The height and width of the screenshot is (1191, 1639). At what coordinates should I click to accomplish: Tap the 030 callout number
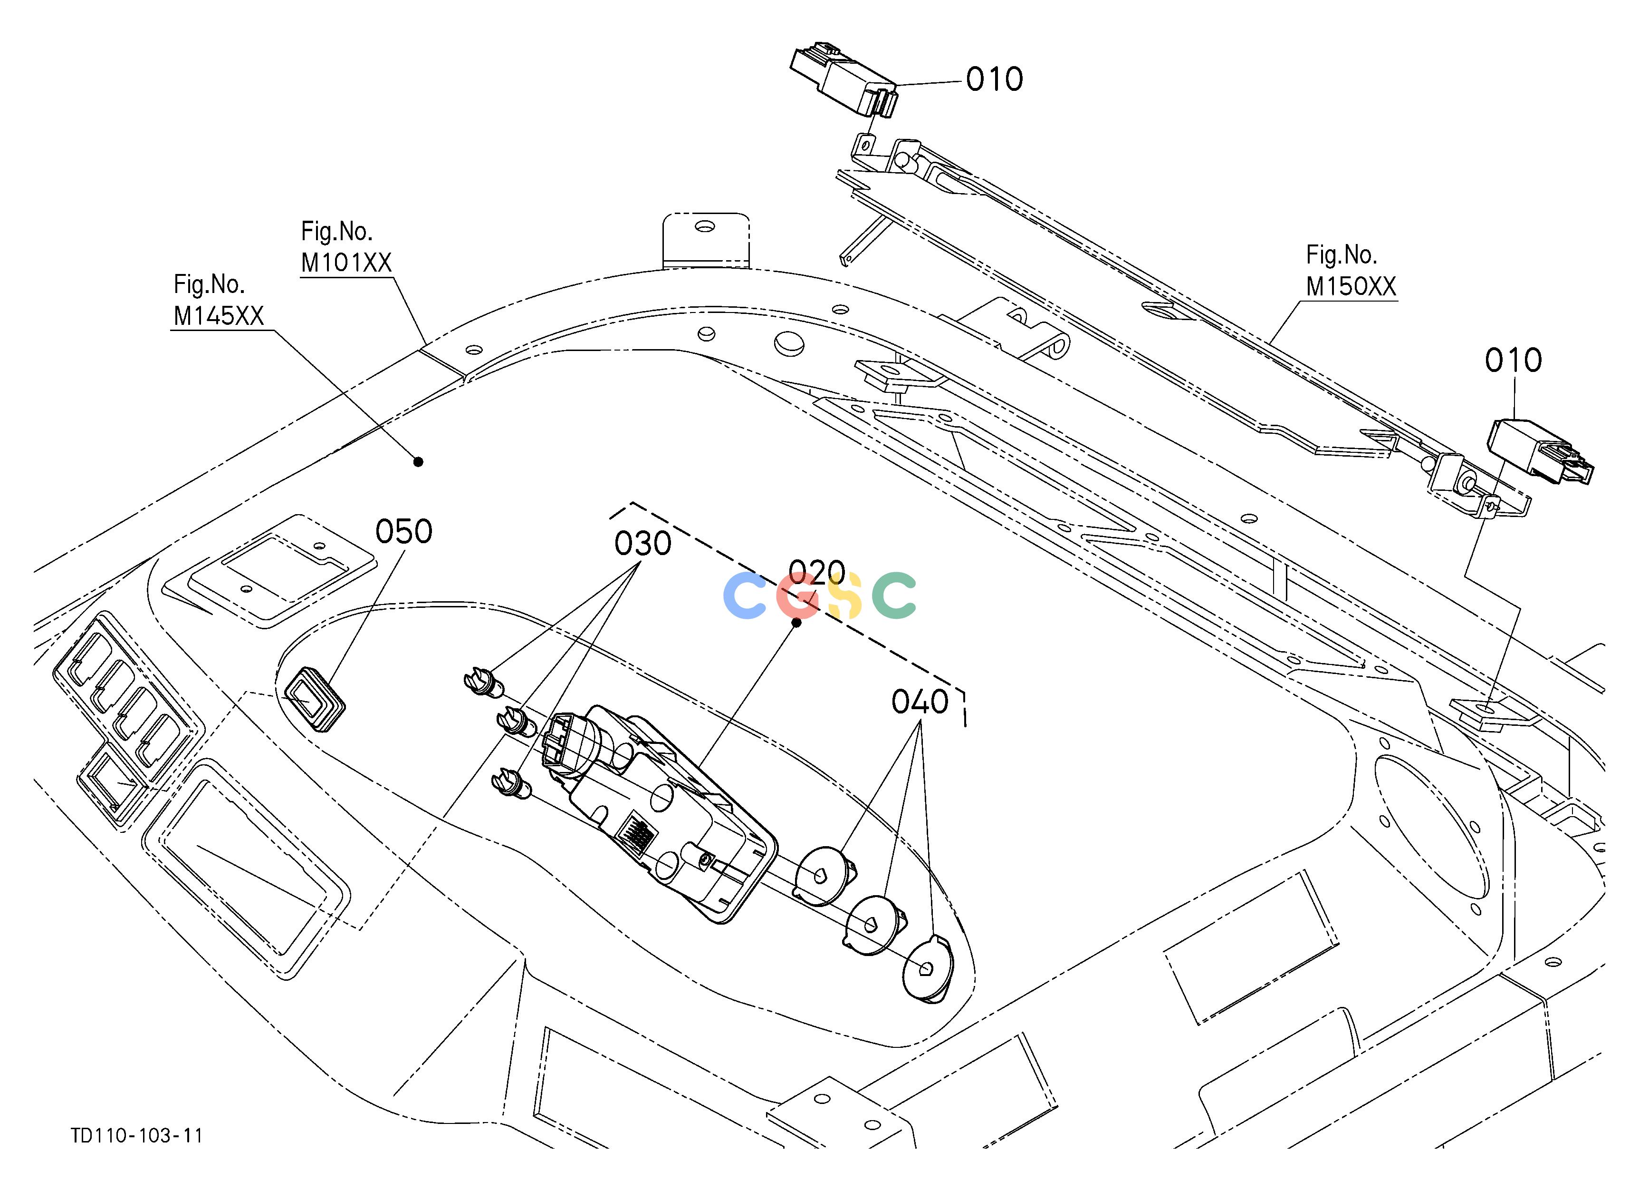pyautogui.click(x=643, y=543)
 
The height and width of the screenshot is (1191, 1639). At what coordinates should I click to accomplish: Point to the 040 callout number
pyautogui.click(x=920, y=702)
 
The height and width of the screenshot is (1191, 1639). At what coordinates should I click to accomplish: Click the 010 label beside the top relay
pyautogui.click(x=995, y=79)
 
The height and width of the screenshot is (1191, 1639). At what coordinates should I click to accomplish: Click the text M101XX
pyautogui.click(x=346, y=263)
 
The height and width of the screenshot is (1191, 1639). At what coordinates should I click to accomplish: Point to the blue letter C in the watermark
pyautogui.click(x=744, y=595)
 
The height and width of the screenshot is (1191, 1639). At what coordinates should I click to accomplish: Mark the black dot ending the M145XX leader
pyautogui.click(x=418, y=461)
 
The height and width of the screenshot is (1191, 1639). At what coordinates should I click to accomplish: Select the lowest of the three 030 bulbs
pyautogui.click(x=511, y=784)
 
